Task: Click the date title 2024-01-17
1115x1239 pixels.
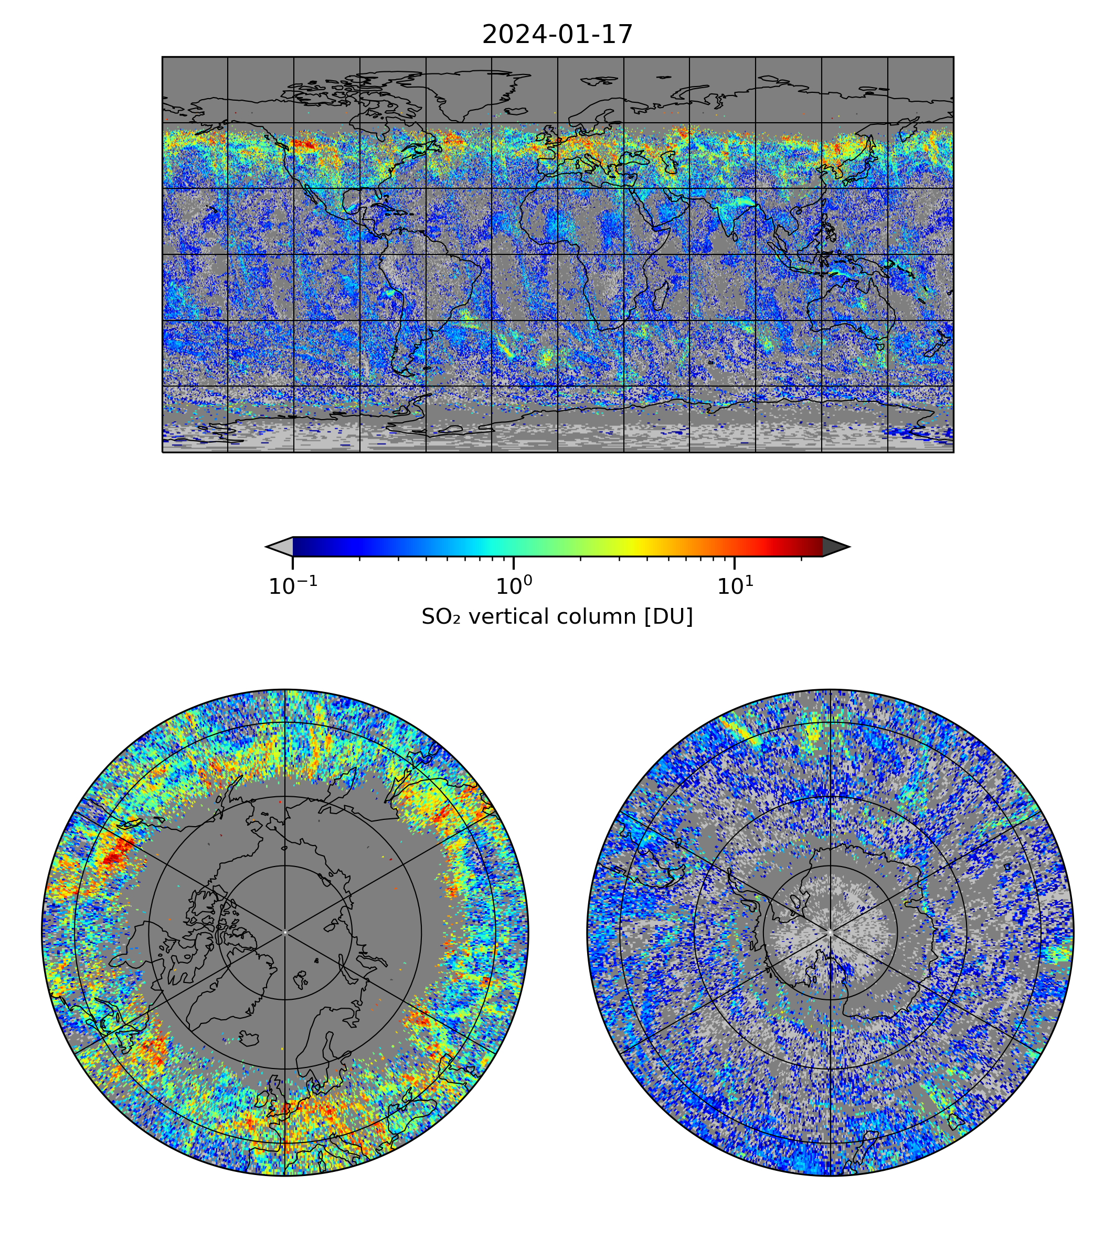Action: pos(557,34)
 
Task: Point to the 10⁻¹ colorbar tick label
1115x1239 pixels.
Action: pos(293,586)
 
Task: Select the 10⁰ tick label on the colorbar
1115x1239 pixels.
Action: pos(513,586)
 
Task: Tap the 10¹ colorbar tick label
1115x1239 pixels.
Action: pos(735,586)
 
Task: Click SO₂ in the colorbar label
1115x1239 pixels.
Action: pos(440,617)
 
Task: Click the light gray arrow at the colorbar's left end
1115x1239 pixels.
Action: pos(279,546)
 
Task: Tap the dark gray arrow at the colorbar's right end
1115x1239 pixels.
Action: pos(835,546)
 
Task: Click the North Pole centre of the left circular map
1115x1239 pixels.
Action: pos(285,932)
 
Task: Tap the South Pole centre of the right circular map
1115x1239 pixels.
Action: pos(830,932)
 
